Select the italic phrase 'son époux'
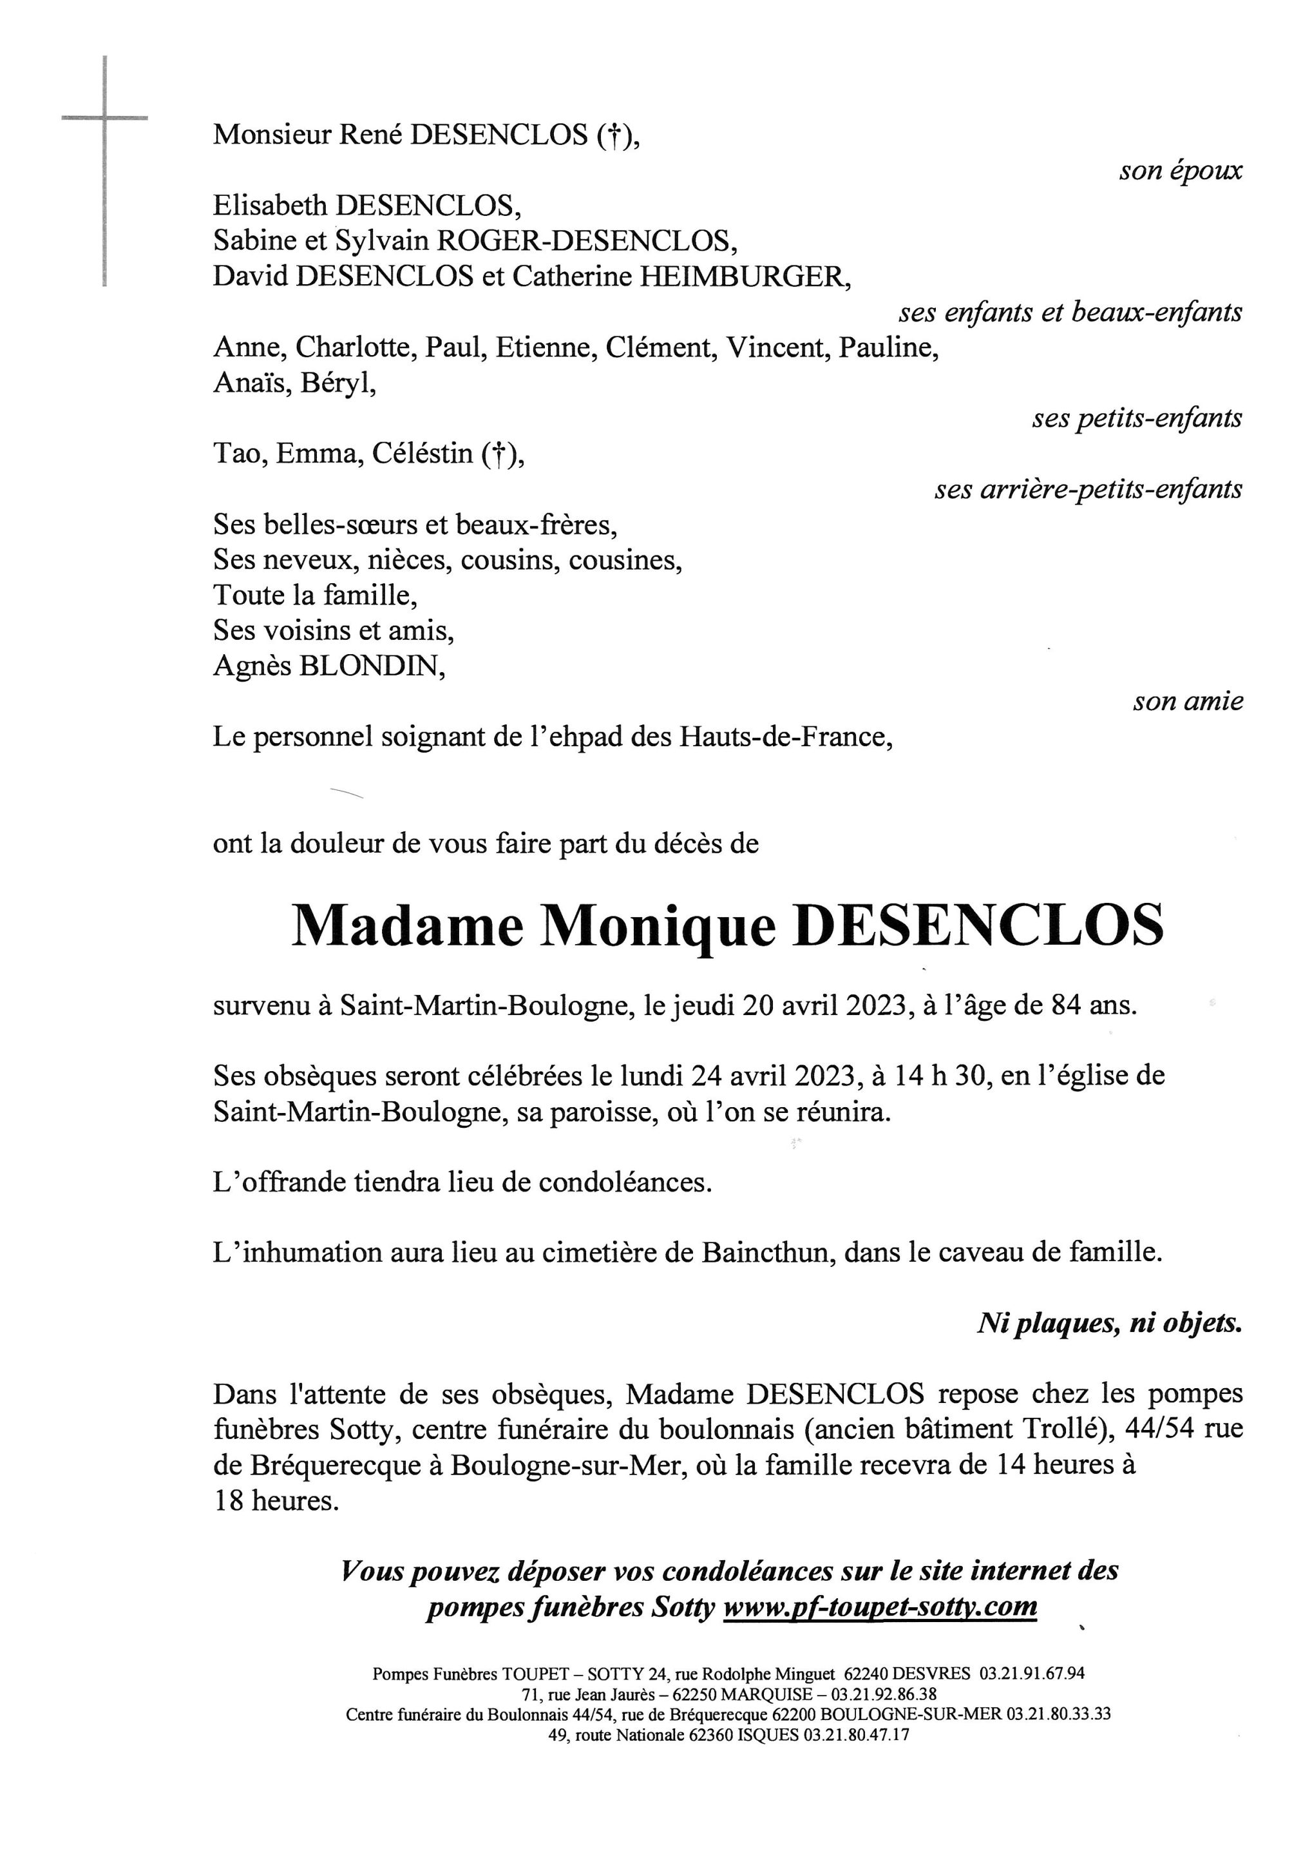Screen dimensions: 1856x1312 click(x=1181, y=171)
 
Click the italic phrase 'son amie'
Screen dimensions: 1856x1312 click(x=1187, y=701)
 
